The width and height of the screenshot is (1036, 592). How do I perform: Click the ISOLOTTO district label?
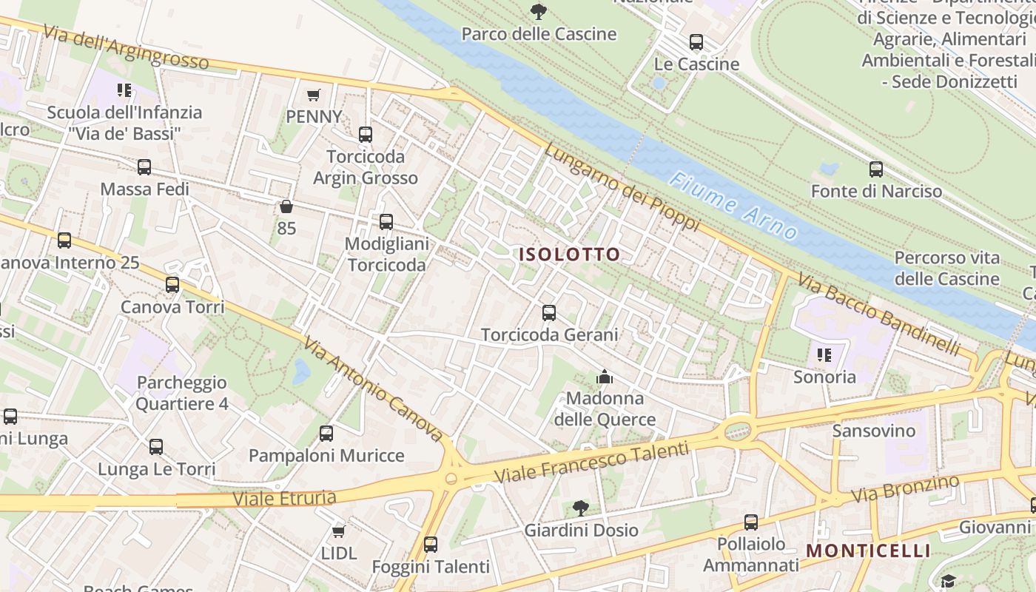(x=569, y=255)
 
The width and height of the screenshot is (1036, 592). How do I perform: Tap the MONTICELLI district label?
(x=868, y=551)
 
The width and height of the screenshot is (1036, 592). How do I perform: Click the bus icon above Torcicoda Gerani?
(x=549, y=313)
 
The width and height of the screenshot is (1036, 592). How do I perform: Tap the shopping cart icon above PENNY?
(x=313, y=95)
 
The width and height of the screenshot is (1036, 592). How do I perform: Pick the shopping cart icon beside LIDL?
(x=338, y=531)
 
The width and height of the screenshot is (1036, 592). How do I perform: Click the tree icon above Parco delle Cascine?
(x=538, y=11)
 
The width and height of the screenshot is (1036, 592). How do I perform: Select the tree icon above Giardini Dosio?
(x=581, y=508)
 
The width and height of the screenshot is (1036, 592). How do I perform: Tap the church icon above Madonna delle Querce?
(x=605, y=377)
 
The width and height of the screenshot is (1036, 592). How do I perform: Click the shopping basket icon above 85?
(x=286, y=206)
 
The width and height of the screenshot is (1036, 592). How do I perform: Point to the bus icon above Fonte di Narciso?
(x=876, y=169)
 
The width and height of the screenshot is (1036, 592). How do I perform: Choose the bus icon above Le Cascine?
(x=696, y=42)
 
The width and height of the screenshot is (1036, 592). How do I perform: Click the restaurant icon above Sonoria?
(x=824, y=355)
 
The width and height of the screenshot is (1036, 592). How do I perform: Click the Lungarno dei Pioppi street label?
(x=622, y=187)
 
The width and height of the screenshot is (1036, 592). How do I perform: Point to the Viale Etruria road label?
(x=285, y=498)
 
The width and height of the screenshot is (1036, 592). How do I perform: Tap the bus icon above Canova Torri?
(x=172, y=284)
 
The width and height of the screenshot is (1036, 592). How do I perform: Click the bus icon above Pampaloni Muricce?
(x=326, y=434)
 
